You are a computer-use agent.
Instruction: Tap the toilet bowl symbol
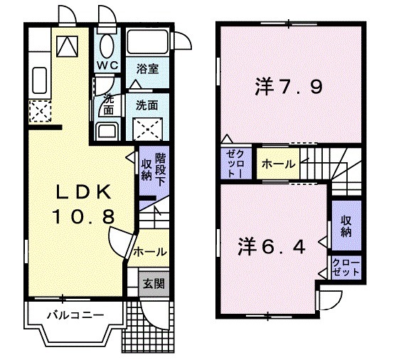tap(108, 46)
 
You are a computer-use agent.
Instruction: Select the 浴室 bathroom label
tap(147, 69)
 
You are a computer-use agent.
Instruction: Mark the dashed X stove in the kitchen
tap(38, 110)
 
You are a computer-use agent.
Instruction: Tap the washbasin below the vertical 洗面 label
tap(107, 132)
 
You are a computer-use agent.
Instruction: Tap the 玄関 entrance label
tap(154, 283)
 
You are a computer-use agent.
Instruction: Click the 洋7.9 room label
tap(289, 88)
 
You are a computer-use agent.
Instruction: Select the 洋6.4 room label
tap(272, 247)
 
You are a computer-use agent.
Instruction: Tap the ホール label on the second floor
tap(278, 164)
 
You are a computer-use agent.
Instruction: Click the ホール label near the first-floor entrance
tap(149, 251)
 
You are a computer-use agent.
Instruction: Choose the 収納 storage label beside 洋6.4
tap(346, 226)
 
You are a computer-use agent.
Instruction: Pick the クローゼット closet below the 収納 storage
tap(346, 268)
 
